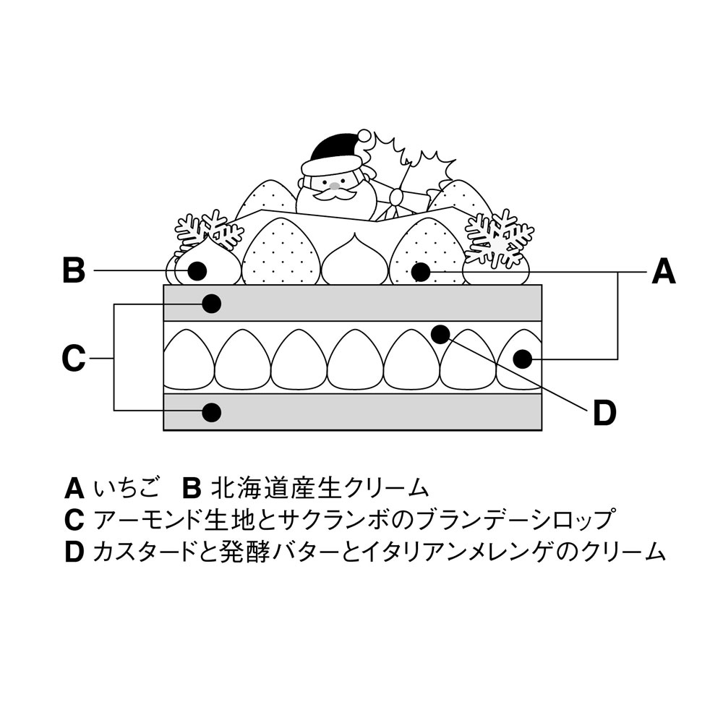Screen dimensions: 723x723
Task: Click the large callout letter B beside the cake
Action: click(x=74, y=271)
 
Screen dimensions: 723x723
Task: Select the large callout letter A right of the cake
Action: click(x=663, y=273)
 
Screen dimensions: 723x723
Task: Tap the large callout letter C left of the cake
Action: click(x=74, y=359)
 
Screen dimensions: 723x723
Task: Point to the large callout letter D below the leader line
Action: click(x=604, y=414)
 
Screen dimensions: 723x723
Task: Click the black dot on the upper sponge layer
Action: click(x=211, y=304)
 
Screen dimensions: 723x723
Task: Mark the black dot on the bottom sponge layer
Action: click(x=211, y=412)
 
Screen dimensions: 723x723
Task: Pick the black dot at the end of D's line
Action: click(x=440, y=333)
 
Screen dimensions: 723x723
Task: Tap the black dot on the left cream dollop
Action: click(x=197, y=271)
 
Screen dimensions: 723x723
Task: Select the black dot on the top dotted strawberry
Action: click(x=419, y=272)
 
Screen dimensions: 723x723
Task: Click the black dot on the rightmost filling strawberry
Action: click(x=523, y=357)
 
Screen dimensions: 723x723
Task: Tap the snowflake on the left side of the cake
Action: click(x=209, y=230)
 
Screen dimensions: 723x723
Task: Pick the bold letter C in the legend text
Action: click(x=74, y=521)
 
